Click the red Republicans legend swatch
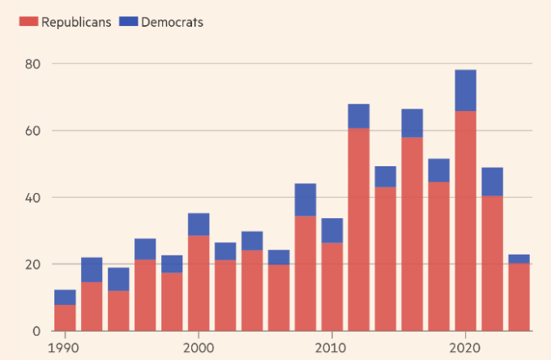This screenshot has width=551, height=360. (29, 22)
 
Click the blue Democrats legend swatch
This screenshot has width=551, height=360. (128, 22)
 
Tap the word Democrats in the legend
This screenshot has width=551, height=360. (172, 22)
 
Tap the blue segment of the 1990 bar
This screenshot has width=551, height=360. (65, 297)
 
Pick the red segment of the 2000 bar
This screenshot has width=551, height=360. (199, 283)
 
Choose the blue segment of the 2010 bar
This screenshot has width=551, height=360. (332, 230)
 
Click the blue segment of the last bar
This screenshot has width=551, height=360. (519, 259)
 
